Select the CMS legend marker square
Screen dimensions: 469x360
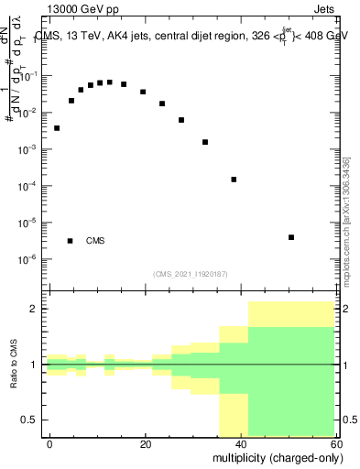71,241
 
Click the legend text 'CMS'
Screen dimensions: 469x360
95,241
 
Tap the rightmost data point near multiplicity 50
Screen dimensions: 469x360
290,237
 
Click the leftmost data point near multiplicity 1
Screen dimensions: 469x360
57,128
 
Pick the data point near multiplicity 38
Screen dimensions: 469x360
234,180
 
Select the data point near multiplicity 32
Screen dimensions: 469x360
205,142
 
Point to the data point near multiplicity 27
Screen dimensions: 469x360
181,120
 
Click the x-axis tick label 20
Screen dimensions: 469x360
146,443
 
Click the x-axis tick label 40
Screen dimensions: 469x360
241,443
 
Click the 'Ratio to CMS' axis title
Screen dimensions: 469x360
14,365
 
